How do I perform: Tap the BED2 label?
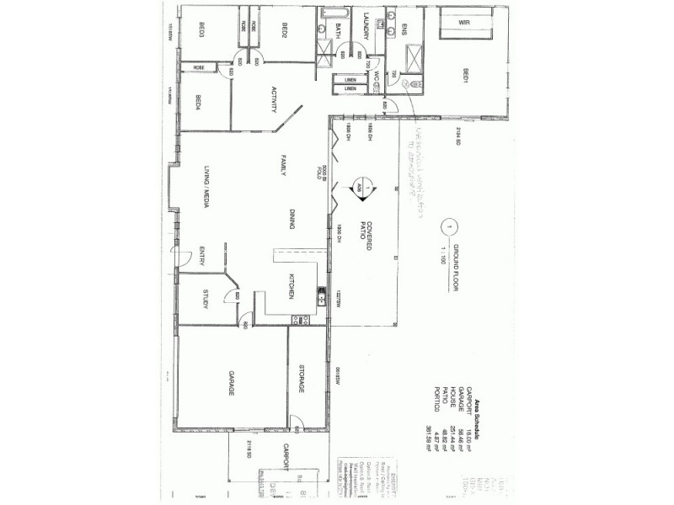286,32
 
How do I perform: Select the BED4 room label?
198,102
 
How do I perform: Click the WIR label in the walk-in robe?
464,23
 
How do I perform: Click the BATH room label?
338,30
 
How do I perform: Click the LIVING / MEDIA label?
203,186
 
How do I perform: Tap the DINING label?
291,220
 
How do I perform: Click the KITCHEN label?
292,287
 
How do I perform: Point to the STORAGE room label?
301,378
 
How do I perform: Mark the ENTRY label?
203,255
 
